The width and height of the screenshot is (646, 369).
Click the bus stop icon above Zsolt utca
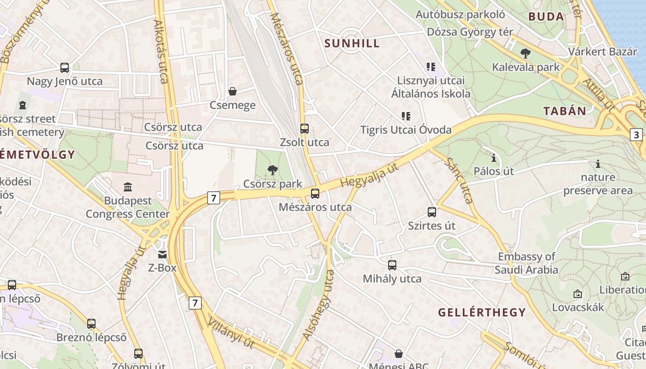coord(304,129)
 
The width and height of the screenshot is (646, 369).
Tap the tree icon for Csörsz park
coord(273,170)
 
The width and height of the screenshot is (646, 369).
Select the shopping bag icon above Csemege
coord(233,91)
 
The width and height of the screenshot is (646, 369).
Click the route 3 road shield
coord(636,135)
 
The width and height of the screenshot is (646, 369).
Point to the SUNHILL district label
coord(352,43)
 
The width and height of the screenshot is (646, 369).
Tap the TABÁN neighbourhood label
coord(564,111)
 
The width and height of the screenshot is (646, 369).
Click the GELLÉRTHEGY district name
coord(482,312)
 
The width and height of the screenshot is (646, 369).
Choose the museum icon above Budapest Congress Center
coord(128,187)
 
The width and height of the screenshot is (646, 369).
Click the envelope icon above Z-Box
coord(162,254)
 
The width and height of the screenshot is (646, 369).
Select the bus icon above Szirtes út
coord(432,212)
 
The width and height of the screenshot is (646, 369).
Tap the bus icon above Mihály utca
coord(392,265)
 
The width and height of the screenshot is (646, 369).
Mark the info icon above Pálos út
coord(494,158)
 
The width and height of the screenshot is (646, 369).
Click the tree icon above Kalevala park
coord(525,54)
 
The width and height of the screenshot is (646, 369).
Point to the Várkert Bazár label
coord(603,51)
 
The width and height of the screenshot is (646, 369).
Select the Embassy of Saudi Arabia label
coord(526,263)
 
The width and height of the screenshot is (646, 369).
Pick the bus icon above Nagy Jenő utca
coord(65,68)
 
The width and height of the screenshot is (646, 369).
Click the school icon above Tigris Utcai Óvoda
coord(406,116)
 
